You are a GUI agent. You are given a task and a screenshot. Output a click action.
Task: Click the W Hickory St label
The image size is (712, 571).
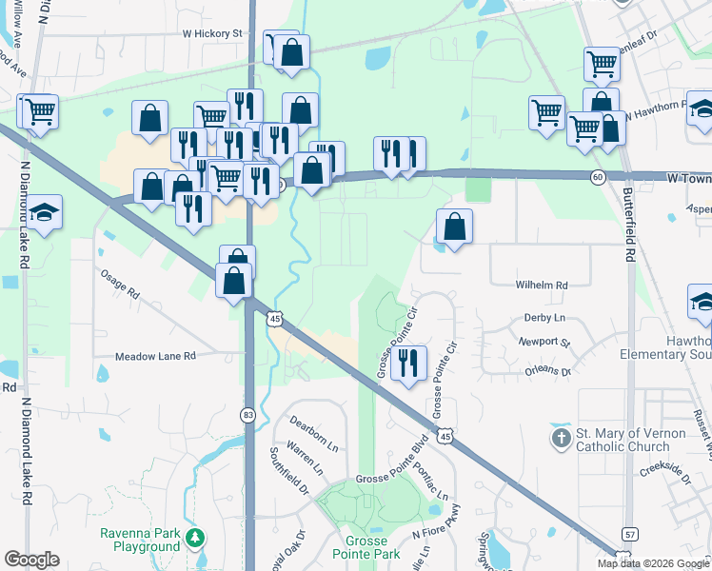(213, 33)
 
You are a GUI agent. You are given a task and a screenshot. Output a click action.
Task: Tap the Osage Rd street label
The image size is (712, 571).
(120, 283)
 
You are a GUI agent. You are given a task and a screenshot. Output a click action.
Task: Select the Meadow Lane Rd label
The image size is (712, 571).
(155, 355)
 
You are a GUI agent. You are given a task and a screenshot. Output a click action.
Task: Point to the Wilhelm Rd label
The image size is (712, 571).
(542, 285)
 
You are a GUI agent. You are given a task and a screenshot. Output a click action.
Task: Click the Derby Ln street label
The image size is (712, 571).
(544, 318)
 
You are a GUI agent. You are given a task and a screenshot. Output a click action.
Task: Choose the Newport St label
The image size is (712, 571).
(544, 342)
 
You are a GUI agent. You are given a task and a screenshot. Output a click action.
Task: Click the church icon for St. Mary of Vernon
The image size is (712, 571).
(561, 439)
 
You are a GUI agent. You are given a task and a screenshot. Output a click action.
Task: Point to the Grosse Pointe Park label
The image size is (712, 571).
(366, 547)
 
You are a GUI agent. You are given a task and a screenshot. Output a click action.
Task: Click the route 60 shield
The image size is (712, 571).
(597, 177)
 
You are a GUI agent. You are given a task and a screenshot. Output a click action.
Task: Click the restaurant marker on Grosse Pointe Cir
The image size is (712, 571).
(408, 363)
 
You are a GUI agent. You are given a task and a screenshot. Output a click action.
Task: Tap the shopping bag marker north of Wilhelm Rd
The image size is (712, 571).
(455, 226)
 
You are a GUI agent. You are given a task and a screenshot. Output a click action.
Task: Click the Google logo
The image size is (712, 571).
(31, 560)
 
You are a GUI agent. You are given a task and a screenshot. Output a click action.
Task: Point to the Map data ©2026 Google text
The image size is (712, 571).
(652, 563)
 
